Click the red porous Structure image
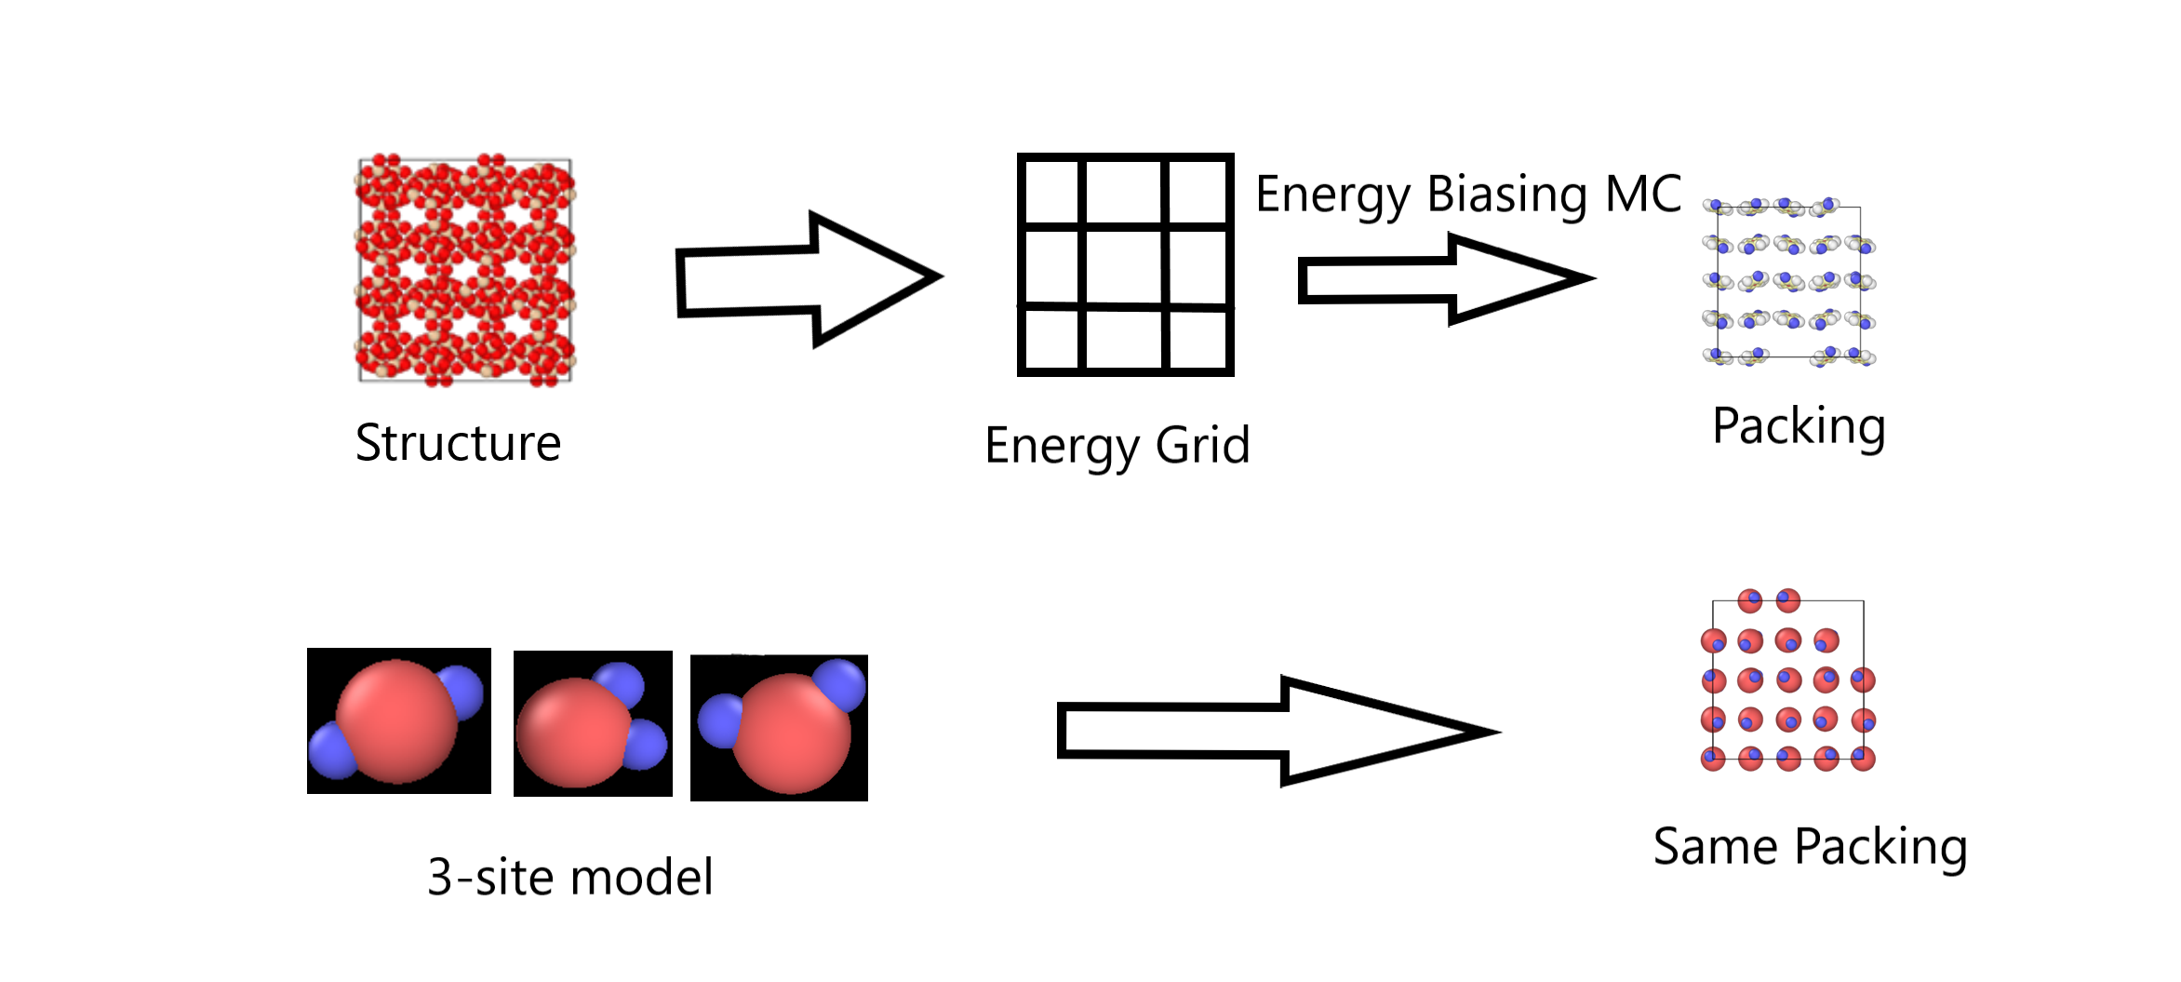coord(465,270)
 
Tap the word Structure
coord(458,443)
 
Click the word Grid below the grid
coord(1202,445)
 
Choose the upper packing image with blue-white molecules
coord(1788,281)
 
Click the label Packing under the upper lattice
coord(1799,426)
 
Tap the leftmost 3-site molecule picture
coord(399,720)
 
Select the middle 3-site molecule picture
coord(593,723)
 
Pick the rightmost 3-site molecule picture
coord(779,727)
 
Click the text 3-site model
coord(570,877)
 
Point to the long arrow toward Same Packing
coord(1275,731)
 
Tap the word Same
coord(1716,847)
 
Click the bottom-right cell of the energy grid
coord(1198,341)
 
